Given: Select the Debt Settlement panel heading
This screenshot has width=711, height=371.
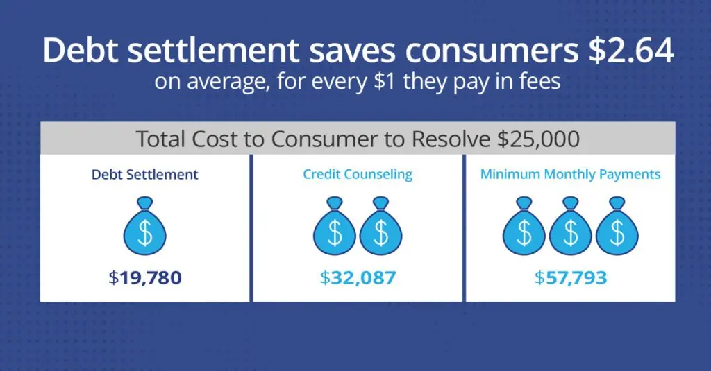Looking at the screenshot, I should [144, 174].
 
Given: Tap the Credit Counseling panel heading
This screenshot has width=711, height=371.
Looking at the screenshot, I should [358, 174].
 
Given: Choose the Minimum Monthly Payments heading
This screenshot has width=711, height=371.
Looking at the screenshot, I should [570, 174].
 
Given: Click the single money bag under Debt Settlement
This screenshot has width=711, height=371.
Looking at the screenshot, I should [144, 227].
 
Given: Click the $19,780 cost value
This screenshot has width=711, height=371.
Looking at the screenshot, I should [144, 278].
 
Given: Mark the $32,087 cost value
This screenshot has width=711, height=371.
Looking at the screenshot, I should [358, 278].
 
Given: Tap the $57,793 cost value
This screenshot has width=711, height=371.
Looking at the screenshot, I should [570, 278].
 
